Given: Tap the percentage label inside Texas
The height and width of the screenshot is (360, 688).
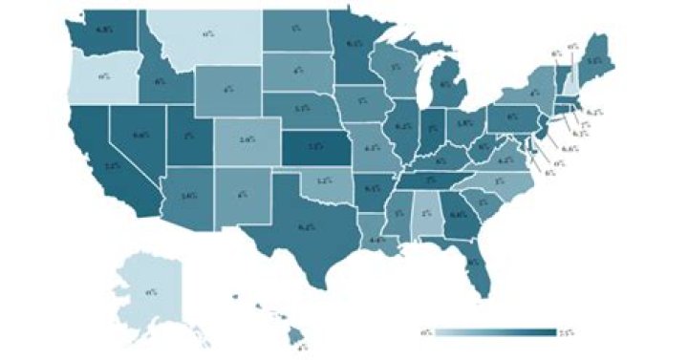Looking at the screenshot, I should pos(306,226).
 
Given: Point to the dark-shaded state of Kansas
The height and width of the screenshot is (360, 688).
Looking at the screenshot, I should pos(314,147).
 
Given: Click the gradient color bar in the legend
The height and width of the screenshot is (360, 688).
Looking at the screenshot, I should pos(497,332).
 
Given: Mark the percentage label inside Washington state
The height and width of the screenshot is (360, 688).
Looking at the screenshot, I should pos(106,29).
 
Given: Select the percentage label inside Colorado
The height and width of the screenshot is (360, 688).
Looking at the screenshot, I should pos(247,139).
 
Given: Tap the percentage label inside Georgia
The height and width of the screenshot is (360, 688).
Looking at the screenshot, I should pos(457,214).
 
